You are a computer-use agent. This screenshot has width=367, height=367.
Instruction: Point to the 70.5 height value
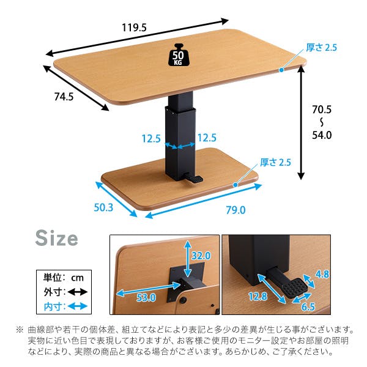[x=322, y=110]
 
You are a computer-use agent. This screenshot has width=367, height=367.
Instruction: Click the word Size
[x=56, y=237]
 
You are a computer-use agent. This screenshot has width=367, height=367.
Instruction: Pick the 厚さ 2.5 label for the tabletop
[x=321, y=47]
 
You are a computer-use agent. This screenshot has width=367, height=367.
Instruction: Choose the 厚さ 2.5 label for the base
[x=276, y=162]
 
